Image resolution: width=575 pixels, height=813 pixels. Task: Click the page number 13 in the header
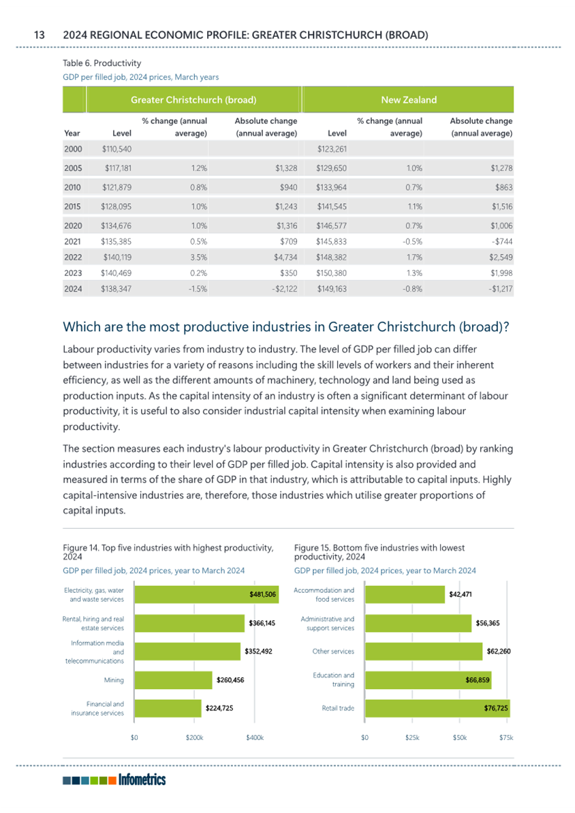coord(40,35)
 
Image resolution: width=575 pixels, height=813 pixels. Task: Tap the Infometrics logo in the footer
coord(114,780)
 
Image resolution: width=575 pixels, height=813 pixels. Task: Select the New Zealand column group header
coord(409,100)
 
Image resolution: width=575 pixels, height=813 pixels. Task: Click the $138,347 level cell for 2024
coord(116,289)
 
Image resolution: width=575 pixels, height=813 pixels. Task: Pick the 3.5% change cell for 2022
coord(198,257)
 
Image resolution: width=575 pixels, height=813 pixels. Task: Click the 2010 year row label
coord(73,187)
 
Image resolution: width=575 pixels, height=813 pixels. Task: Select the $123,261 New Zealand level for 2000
coord(332,149)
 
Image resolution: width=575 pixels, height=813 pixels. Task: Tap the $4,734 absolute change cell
coord(285,257)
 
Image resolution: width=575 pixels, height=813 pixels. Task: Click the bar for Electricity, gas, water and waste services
coord(206,594)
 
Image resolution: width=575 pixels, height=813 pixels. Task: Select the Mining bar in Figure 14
coord(173,679)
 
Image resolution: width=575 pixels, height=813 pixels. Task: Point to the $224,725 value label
coord(219,708)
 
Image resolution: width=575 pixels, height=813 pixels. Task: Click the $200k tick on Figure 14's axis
coord(194,737)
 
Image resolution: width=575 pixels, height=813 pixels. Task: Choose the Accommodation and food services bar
coord(405,594)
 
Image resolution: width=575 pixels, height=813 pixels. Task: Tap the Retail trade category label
coord(338,708)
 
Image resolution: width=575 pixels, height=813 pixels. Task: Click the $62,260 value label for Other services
coord(499,651)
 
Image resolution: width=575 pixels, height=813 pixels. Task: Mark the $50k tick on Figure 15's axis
coord(460,737)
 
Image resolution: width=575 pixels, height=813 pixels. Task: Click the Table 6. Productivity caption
coord(102,63)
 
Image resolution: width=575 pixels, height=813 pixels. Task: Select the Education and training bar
coord(429,679)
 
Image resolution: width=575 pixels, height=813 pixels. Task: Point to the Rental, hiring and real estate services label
coord(93,624)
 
